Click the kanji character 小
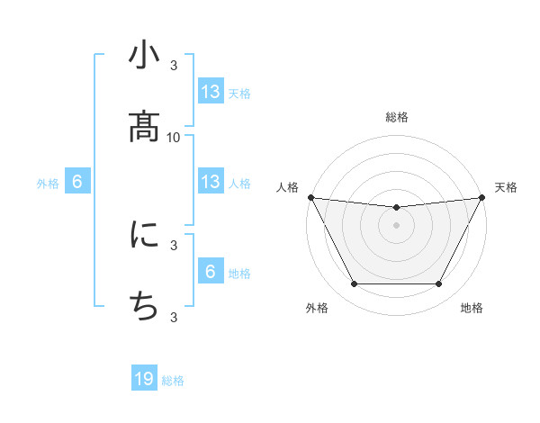(144, 56)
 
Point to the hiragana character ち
(144, 307)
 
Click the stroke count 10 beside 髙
(174, 137)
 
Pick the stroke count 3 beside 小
(174, 66)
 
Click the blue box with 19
(144, 380)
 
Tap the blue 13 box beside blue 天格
(211, 92)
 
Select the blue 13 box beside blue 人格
(211, 183)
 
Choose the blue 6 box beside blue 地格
(211, 272)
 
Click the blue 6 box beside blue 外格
(77, 183)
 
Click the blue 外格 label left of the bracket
(48, 184)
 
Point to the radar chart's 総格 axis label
(397, 118)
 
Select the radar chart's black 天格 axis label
(506, 187)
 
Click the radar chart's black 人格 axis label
(287, 187)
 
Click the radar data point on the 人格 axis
(310, 197)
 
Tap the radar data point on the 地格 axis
(438, 284)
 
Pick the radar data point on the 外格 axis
(354, 284)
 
